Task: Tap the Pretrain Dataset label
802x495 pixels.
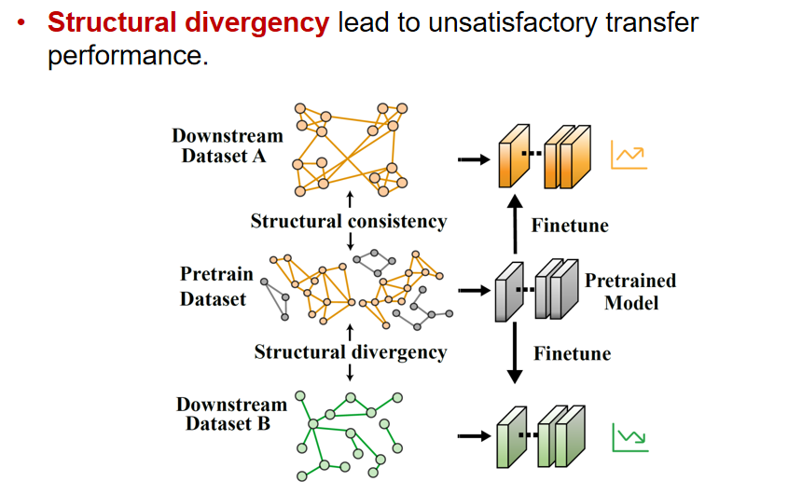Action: click(x=214, y=287)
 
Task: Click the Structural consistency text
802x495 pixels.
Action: click(x=348, y=222)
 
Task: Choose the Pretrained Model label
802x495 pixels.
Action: click(x=630, y=291)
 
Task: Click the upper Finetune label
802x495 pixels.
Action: click(x=570, y=226)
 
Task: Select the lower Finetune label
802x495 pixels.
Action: click(x=572, y=354)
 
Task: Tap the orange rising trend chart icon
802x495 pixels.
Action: click(x=629, y=156)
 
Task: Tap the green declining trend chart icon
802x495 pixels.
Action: click(x=629, y=437)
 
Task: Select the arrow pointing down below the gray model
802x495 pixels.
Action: click(x=511, y=355)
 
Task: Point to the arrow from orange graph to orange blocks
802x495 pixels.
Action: click(x=473, y=158)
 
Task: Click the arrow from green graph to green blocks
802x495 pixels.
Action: click(x=473, y=435)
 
